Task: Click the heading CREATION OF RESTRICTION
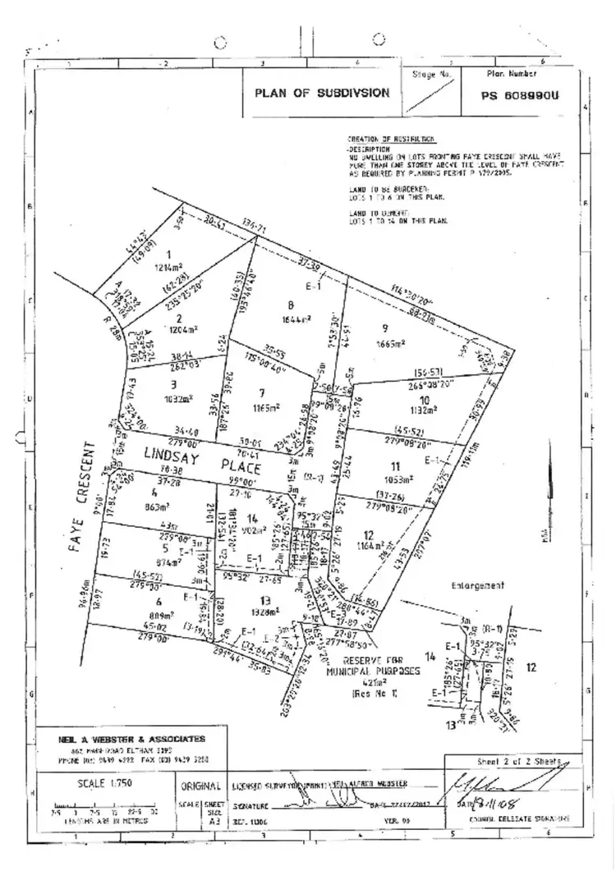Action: pos(391,140)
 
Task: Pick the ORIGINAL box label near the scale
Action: pos(201,786)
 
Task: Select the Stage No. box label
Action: pos(433,74)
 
